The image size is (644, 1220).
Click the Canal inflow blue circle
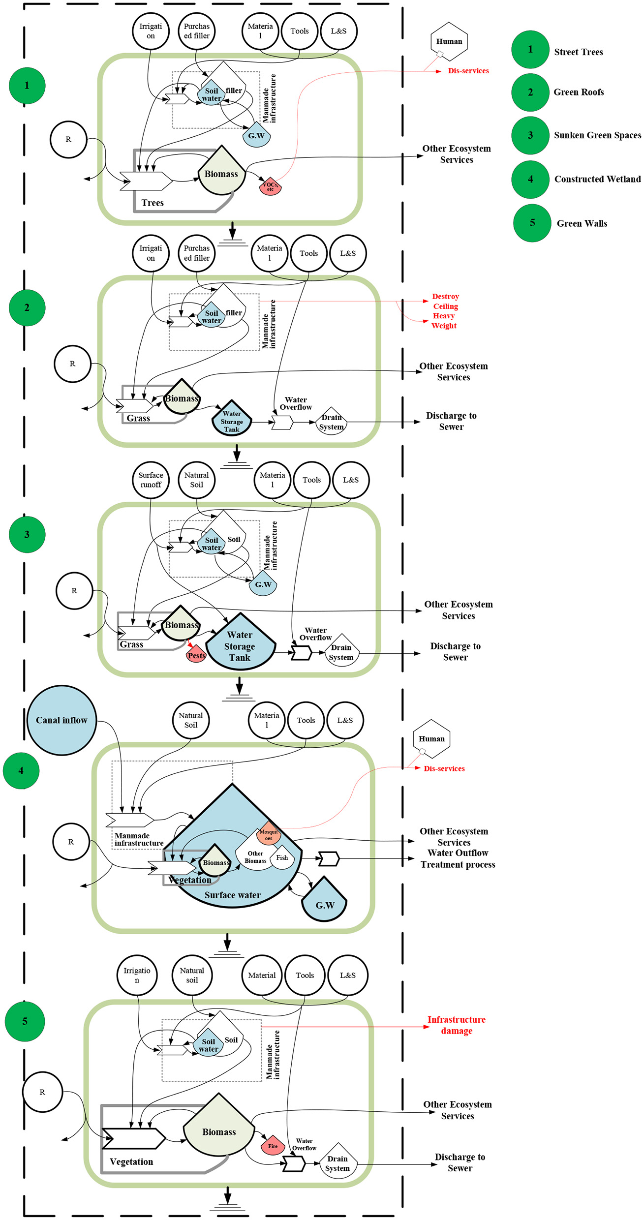[61, 720]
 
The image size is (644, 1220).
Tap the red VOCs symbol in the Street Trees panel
[270, 186]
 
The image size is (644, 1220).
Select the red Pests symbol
[196, 654]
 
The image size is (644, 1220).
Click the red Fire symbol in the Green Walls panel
[273, 1146]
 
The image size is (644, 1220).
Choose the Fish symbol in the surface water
[282, 858]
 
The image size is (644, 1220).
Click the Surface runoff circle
[151, 480]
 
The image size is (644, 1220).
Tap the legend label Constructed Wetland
[597, 180]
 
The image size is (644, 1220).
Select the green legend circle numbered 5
[532, 223]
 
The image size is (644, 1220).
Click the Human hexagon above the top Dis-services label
[449, 41]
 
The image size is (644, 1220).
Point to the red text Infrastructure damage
[456, 1025]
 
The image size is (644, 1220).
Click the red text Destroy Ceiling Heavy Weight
[445, 311]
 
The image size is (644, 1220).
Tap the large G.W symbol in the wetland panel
[325, 901]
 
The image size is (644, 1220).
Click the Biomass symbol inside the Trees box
[221, 173]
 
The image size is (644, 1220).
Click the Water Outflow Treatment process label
[458, 859]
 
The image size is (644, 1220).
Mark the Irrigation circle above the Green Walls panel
[137, 976]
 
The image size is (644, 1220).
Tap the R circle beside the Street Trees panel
[68, 140]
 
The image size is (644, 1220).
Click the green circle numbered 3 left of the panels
[27, 534]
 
